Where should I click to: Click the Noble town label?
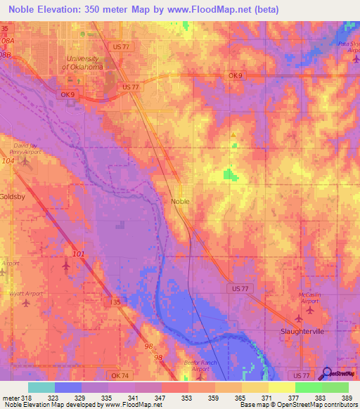pyautogui.click(x=180, y=200)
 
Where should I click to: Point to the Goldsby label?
pyautogui.click(x=12, y=197)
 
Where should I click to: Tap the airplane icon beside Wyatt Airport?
pyautogui.click(x=27, y=304)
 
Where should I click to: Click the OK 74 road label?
pyautogui.click(x=120, y=376)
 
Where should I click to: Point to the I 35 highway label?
pyautogui.click(x=117, y=301)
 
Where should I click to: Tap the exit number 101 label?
pyautogui.click(x=78, y=253)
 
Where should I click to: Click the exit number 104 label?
pyautogui.click(x=8, y=161)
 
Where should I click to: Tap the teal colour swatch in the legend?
pyautogui.click(x=41, y=387)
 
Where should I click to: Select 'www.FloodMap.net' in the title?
pyautogui.click(x=209, y=10)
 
